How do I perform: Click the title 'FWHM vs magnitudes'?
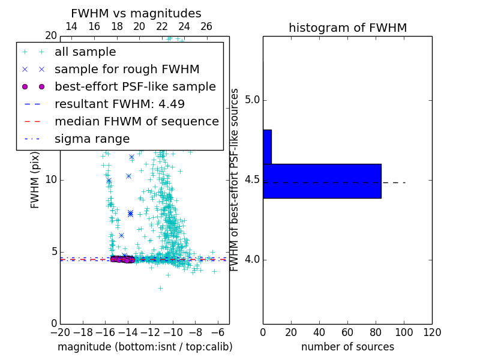point(136,13)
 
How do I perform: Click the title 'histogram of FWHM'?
point(347,28)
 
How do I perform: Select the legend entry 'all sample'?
point(85,52)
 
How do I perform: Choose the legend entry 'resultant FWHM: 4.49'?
point(119,104)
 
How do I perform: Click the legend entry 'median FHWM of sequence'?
point(136,121)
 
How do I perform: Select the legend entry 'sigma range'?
point(92,139)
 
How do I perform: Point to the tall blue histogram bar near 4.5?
point(322,181)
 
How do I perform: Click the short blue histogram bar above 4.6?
point(267,146)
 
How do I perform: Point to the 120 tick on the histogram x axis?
point(431,332)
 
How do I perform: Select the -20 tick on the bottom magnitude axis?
point(60,332)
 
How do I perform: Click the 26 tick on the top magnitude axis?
point(206,26)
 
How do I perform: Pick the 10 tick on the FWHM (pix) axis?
point(50,179)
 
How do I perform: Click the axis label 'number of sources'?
point(347,347)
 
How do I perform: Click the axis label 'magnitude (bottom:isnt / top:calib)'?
point(145,347)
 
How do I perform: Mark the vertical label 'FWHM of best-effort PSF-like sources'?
point(235,180)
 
